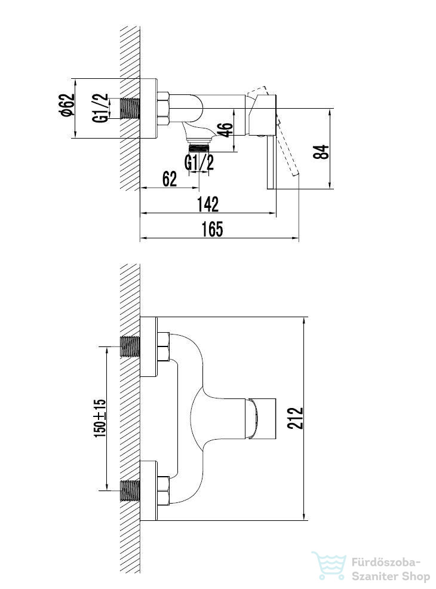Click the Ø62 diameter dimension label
tap(68, 105)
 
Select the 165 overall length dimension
tap(212, 229)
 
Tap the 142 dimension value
tap(208, 204)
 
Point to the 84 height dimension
tap(321, 151)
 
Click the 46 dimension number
tap(225, 129)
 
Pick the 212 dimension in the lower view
tap(295, 418)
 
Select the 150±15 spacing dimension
tap(100, 418)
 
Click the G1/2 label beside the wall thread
tap(100, 108)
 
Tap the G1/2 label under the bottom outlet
tap(199, 162)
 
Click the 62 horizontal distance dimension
tap(170, 179)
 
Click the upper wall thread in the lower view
tap(130, 346)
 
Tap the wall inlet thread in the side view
tap(130, 109)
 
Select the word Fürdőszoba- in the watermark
tap(386, 563)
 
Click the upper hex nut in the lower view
tap(164, 346)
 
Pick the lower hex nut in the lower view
tap(164, 490)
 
